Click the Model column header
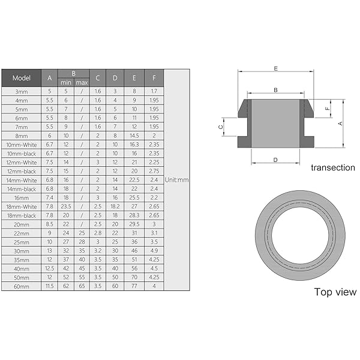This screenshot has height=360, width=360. coord(21,78)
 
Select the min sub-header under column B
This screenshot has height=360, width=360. coord(65,82)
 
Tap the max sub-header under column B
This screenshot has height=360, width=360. coord(82,82)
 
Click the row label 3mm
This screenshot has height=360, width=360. coord(21,91)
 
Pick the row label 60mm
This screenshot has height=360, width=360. coord(21,286)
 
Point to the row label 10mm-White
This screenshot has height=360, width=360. coord(21,145)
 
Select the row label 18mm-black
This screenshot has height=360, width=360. coord(21,215)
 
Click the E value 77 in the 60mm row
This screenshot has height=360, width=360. coord(134,286)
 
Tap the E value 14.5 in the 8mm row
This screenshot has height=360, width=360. coord(134,136)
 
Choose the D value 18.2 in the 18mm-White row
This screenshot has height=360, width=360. coord(115,206)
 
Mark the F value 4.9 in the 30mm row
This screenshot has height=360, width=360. coord(154,251)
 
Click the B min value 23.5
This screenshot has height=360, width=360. coord(65,206)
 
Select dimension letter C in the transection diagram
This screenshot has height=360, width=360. coord(221,127)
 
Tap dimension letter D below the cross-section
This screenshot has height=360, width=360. coord(275,160)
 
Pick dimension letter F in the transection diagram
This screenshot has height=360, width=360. coord(326,109)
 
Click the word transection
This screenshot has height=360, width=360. coord(332,167)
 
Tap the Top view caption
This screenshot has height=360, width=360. coord(335,292)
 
